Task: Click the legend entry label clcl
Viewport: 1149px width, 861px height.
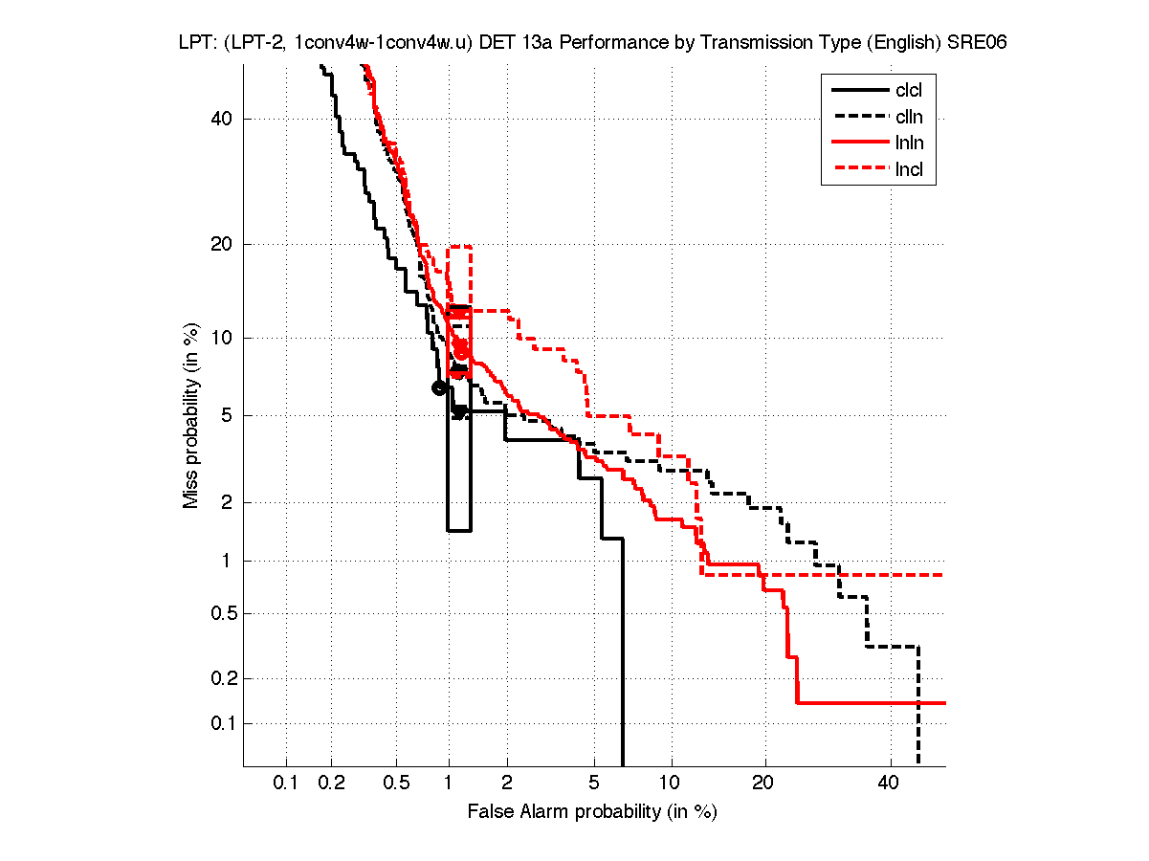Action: click(909, 91)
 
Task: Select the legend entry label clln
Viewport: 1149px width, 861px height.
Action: click(909, 118)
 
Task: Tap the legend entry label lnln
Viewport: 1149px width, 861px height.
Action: click(909, 144)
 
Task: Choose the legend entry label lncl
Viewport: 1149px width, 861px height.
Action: click(909, 171)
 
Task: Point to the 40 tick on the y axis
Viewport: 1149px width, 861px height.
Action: click(223, 120)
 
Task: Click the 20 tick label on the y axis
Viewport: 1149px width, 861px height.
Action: click(223, 244)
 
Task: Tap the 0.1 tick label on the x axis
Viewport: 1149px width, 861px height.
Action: click(286, 784)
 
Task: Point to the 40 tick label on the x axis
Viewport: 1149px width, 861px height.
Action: click(889, 784)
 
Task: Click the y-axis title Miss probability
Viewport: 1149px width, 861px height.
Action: click(191, 414)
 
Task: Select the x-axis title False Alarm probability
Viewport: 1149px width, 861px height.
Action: click(592, 812)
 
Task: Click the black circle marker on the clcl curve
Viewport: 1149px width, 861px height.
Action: click(439, 387)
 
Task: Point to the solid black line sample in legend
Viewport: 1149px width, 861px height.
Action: click(859, 91)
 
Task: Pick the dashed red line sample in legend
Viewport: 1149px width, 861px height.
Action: click(859, 171)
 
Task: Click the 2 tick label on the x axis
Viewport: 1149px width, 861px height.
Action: click(506, 784)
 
